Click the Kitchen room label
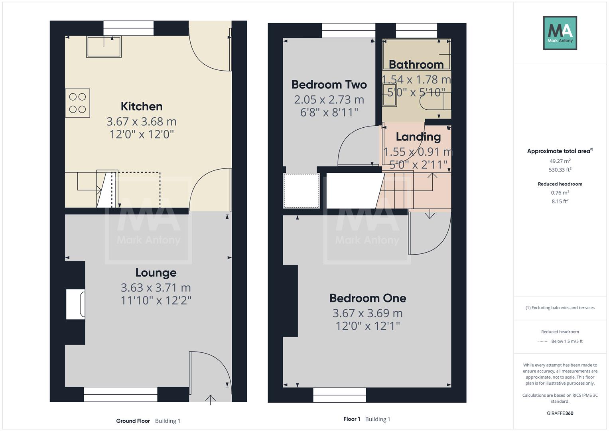(142, 107)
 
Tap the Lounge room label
(156, 273)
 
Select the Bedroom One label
(367, 298)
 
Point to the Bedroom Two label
(329, 85)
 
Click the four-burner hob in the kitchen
(77, 103)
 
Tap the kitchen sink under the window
(104, 47)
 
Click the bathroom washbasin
(390, 95)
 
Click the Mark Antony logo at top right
(560, 33)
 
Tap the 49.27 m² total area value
(560, 161)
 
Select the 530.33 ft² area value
(560, 170)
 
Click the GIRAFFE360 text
(560, 413)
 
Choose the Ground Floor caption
(133, 421)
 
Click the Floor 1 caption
(352, 419)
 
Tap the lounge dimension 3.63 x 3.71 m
(156, 288)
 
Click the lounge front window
(120, 394)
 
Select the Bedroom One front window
(339, 395)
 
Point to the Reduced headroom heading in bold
(560, 184)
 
